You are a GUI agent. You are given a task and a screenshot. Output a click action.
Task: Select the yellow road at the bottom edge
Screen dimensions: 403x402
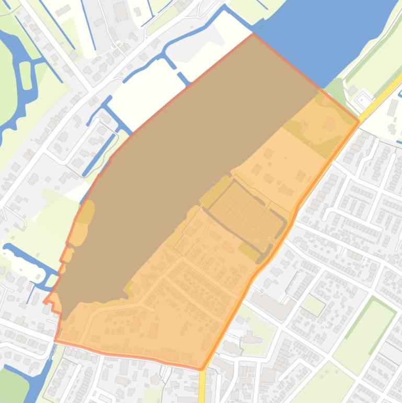pyautogui.click(x=202, y=387)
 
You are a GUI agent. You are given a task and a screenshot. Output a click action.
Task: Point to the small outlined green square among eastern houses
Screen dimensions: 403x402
pyautogui.click(x=313, y=305)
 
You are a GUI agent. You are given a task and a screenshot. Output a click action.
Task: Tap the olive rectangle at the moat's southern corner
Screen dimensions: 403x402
pyautogui.click(x=250, y=252)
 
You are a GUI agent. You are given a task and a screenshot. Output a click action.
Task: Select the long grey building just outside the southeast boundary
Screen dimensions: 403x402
pyautogui.click(x=272, y=303)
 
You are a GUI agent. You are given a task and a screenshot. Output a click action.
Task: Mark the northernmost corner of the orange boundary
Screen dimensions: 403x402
pyautogui.click(x=253, y=35)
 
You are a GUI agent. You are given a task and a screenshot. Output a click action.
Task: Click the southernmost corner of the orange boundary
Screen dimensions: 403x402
pyautogui.click(x=201, y=370)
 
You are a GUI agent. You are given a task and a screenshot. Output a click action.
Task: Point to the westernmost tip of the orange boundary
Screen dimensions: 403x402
pyautogui.click(x=44, y=302)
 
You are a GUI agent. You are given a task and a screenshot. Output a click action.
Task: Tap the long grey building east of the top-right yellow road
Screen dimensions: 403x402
pyautogui.click(x=394, y=107)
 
